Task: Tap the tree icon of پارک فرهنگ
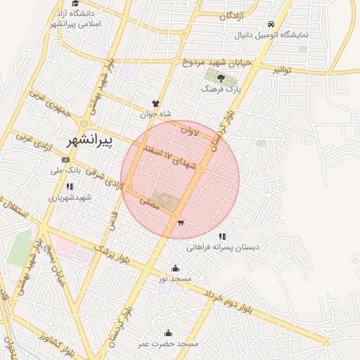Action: click(x=221, y=78)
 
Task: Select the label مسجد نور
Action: click(x=175, y=279)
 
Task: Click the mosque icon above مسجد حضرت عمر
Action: click(x=167, y=333)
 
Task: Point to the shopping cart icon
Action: click(x=181, y=223)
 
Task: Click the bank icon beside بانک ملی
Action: click(x=66, y=160)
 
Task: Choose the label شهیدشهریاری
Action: click(x=70, y=198)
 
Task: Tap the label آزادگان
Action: click(x=232, y=15)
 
